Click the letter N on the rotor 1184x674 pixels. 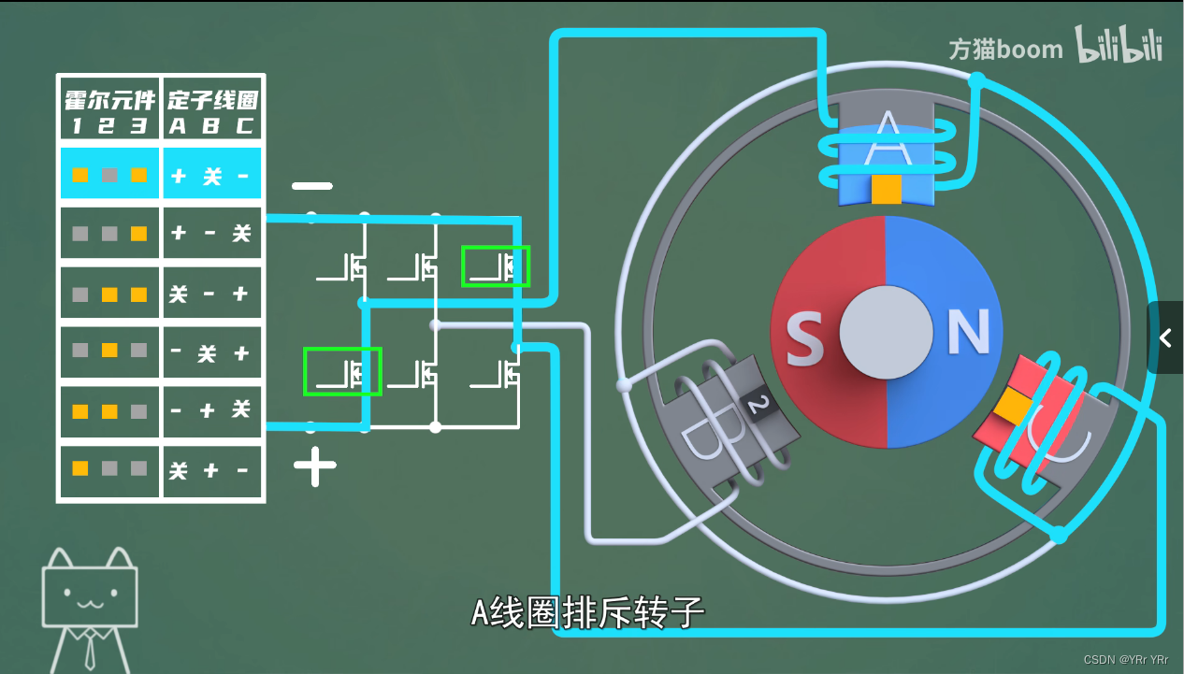point(969,332)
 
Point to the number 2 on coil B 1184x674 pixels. point(758,404)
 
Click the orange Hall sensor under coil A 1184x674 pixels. point(886,190)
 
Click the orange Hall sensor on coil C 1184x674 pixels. point(1011,406)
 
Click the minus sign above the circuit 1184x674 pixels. point(311,186)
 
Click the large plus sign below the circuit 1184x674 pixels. point(315,466)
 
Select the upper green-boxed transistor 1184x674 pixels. point(496,266)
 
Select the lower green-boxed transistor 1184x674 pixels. point(342,371)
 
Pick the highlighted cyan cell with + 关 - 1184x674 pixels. point(212,175)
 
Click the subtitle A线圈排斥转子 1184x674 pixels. point(586,613)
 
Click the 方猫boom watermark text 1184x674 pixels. point(1005,49)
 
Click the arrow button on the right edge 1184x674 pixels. point(1165,337)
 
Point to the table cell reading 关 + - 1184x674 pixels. point(212,470)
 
